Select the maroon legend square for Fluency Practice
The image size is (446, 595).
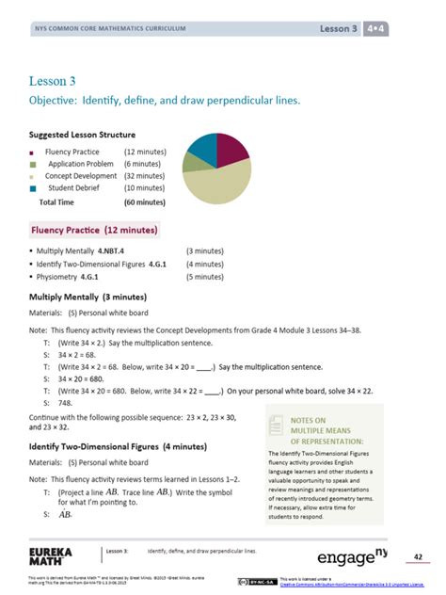(x=33, y=152)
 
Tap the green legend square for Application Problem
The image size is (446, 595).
(x=33, y=164)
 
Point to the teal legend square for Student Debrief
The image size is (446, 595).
(x=33, y=188)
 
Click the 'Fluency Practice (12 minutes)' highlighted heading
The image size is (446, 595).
(x=94, y=230)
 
